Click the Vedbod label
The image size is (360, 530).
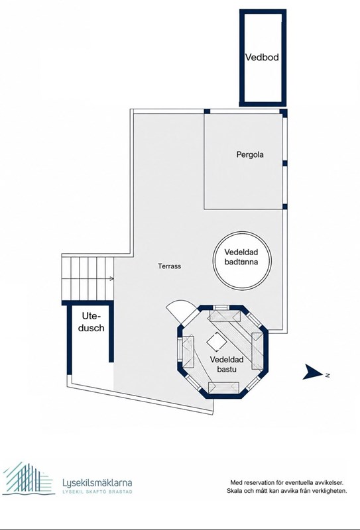pyautogui.click(x=262, y=57)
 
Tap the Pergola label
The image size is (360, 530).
pyautogui.click(x=250, y=155)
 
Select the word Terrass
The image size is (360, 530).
pyautogui.click(x=169, y=266)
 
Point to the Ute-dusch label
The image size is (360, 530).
pyautogui.click(x=91, y=322)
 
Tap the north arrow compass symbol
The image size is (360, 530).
pyautogui.click(x=313, y=372)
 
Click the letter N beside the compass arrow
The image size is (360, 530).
pyautogui.click(x=327, y=375)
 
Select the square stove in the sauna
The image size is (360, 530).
pyautogui.click(x=216, y=343)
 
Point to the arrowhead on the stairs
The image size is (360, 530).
pyautogui.click(x=112, y=278)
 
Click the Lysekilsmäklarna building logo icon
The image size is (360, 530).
pyautogui.click(x=28, y=478)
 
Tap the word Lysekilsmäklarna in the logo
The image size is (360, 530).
pyautogui.click(x=97, y=483)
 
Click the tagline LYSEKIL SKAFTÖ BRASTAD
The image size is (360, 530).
pyautogui.click(x=97, y=492)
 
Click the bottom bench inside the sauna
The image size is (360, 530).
pyautogui.click(x=223, y=388)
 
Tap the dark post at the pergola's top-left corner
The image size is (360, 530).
pyautogui.click(x=207, y=111)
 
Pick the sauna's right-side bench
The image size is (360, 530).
pyautogui.click(x=257, y=351)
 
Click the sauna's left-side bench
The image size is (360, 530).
pyautogui.click(x=188, y=351)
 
